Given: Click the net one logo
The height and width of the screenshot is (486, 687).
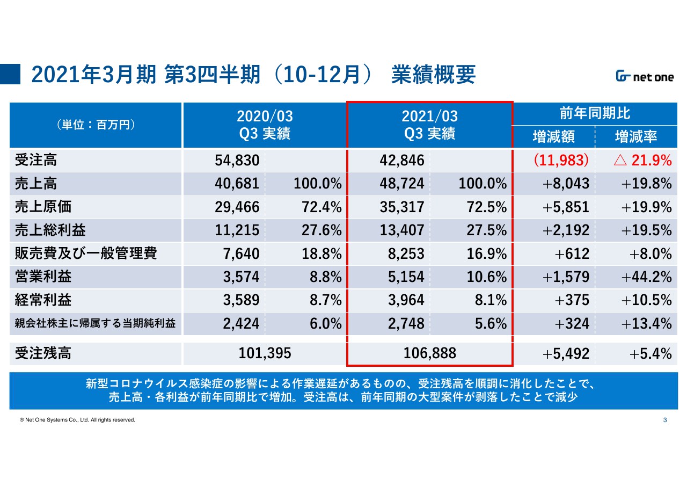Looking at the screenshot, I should [x=645, y=77].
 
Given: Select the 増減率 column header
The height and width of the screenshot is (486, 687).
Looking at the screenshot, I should [x=636, y=136].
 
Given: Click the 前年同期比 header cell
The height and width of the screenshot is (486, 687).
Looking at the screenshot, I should [x=595, y=113].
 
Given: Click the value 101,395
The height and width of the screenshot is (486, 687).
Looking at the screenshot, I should [x=265, y=353].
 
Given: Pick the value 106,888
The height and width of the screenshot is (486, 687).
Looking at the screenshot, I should [x=429, y=353].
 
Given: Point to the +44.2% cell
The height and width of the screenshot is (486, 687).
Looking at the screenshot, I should [x=646, y=277].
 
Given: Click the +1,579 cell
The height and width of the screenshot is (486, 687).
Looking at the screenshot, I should [x=566, y=277].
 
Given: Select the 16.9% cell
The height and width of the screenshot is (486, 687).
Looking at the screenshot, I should [x=486, y=253].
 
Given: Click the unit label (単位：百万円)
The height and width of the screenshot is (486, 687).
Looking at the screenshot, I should [x=96, y=125].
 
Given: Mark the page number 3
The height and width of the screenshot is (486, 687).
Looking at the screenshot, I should [x=665, y=420].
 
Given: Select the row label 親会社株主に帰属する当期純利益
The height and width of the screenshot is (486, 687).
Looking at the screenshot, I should [x=96, y=323].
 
